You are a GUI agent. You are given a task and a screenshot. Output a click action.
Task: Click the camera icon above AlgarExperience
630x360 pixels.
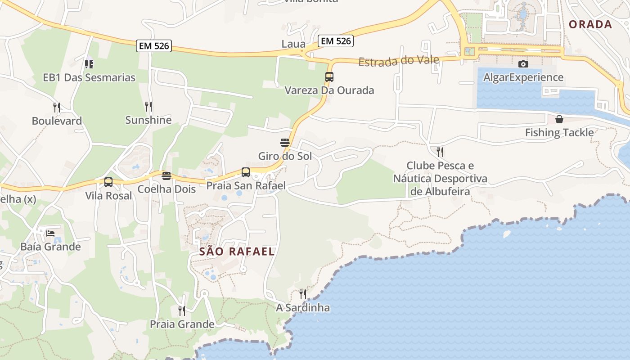point(523,64)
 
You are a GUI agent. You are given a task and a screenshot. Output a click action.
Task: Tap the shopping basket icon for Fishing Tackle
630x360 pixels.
point(559,119)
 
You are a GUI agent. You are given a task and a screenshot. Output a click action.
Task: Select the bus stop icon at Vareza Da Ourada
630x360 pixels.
point(329,77)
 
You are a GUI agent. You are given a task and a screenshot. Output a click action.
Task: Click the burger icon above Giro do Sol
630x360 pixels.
point(285,143)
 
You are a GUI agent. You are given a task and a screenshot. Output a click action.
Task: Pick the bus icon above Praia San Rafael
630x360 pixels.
point(246,172)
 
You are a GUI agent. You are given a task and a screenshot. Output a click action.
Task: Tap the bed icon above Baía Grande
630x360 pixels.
point(50,234)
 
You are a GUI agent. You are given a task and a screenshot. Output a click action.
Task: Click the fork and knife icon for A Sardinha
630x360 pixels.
point(303,294)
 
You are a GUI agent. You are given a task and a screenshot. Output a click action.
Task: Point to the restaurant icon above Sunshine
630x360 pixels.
point(148,107)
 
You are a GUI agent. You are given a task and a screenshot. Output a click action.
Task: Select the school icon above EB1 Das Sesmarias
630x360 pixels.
point(89,64)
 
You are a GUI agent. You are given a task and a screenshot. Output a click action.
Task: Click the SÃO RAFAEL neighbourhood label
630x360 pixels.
point(237,252)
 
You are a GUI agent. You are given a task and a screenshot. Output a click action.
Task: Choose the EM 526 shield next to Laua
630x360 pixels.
point(335,41)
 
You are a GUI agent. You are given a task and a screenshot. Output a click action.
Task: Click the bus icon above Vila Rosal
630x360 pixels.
point(108,182)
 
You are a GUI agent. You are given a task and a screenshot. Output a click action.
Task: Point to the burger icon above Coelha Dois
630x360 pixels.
point(166,175)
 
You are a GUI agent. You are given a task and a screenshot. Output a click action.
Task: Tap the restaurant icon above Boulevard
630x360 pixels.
point(57,108)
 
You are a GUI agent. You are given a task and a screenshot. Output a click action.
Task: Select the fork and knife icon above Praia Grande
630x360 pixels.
point(182,311)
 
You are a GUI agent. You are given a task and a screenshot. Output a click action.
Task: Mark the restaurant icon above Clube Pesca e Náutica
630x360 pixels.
point(440,152)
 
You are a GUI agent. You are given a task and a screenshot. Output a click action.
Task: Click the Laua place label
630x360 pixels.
point(293,44)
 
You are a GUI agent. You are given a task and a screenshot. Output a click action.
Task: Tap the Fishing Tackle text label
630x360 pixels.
point(559,133)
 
